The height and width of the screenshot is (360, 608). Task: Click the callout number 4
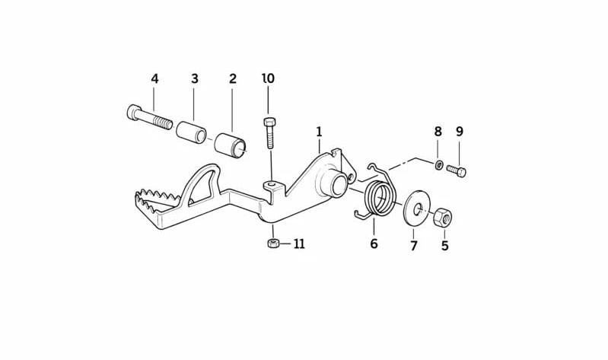(154, 78)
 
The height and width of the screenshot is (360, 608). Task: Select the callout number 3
(195, 78)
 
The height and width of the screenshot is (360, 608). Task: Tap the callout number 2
(233, 78)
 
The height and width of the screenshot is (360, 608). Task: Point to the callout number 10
(269, 78)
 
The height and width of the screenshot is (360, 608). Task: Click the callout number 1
(319, 132)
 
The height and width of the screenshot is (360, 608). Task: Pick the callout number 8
(438, 132)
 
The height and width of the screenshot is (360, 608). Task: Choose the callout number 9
(460, 132)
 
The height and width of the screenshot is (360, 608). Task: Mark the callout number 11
(299, 244)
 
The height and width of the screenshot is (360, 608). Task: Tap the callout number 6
(374, 244)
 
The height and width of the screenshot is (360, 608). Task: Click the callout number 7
(414, 246)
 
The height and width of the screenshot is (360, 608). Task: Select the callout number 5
(444, 246)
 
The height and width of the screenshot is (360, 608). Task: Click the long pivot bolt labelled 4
(149, 117)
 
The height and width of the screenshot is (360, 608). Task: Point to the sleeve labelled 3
(191, 132)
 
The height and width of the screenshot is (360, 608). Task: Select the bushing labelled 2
(231, 145)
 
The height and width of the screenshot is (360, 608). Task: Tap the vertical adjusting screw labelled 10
(269, 133)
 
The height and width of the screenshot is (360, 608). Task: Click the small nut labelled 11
(273, 244)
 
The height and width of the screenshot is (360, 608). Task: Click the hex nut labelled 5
(442, 218)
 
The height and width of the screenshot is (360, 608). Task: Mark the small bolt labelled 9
(456, 170)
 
